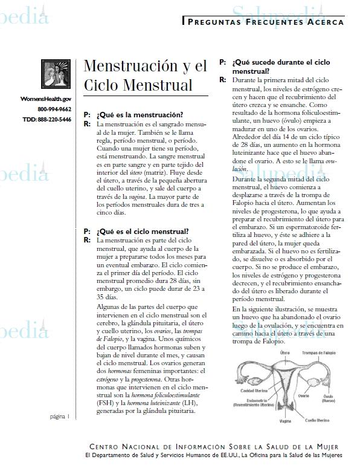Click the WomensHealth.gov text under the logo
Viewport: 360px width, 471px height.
[46, 98]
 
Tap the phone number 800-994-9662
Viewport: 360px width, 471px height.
[54, 109]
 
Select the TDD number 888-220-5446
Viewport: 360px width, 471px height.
[47, 119]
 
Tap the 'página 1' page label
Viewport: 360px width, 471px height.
[59, 417]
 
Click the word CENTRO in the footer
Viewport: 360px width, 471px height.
[108, 446]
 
